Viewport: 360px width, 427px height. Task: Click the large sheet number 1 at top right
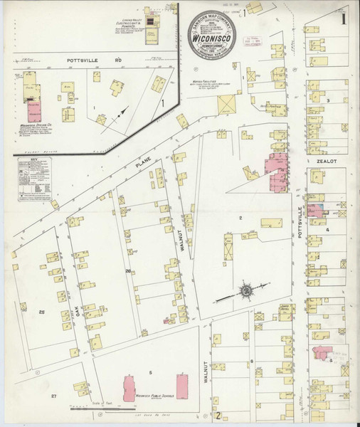click(x=344, y=18)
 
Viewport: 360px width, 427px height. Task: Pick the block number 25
click(x=42, y=312)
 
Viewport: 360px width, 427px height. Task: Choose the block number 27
click(x=53, y=395)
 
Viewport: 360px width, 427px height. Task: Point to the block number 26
click(x=127, y=272)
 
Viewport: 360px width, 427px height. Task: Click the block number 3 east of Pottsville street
click(x=327, y=100)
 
